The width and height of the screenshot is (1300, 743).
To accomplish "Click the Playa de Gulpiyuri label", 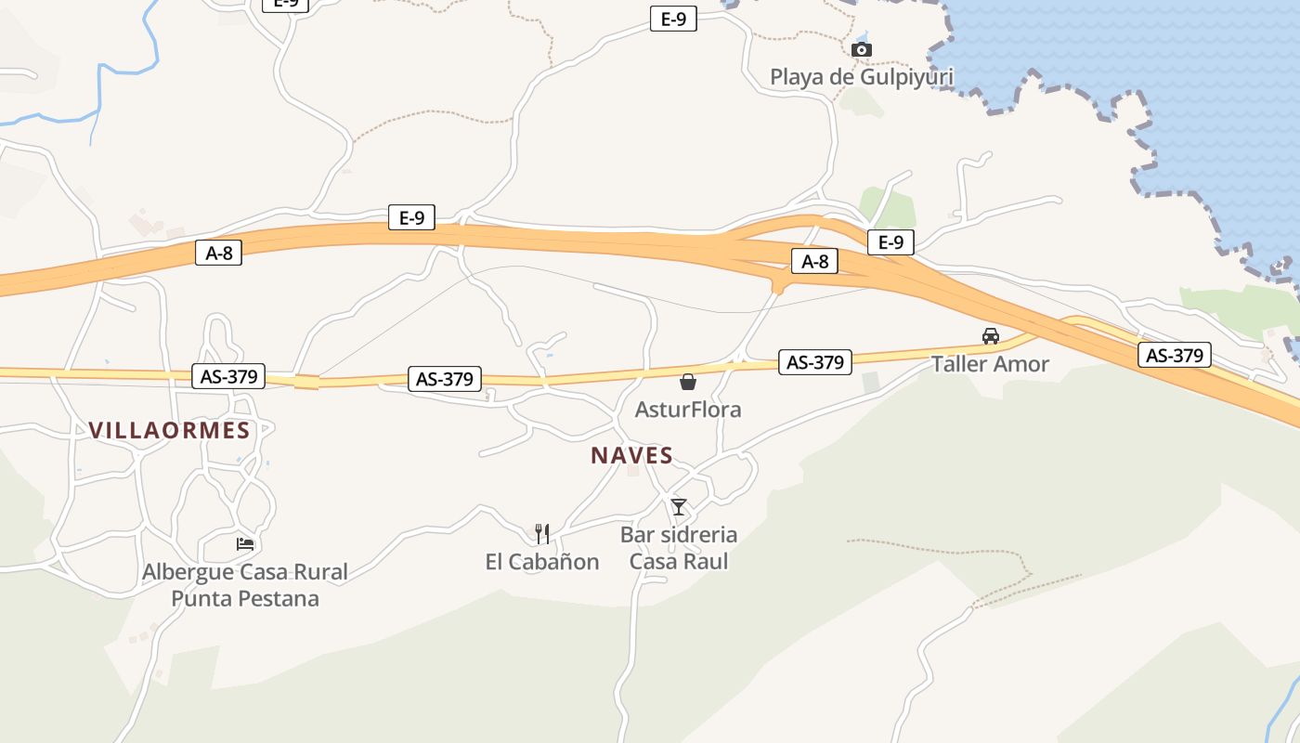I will pos(861,77).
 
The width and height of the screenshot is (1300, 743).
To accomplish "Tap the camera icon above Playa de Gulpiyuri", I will pos(862,49).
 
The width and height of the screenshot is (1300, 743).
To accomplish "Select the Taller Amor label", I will pos(990,363).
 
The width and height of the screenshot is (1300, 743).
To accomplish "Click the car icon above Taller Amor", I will pos(991,336).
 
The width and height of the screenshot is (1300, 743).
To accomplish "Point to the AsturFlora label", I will pos(688,409).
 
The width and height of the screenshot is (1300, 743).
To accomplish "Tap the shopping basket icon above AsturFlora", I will pos(688,382).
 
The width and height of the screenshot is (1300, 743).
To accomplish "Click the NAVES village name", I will pos(631,456).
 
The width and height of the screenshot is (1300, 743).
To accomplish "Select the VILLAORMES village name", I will pos(170,430).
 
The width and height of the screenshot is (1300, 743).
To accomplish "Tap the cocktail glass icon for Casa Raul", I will pos(679,507).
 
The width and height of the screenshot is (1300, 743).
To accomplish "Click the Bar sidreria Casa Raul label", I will pos(679,548).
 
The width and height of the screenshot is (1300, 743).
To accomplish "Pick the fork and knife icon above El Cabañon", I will pos(542,534).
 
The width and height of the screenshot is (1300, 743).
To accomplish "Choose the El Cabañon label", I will pos(542,562).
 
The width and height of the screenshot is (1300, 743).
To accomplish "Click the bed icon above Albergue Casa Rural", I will pos(245,543).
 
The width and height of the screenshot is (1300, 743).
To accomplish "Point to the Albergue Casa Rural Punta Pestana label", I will pos(245,585).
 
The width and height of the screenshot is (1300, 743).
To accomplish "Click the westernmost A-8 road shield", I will pos(218,253).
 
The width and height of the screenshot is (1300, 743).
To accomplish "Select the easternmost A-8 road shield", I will pos(814,262).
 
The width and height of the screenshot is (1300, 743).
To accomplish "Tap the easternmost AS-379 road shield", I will pos(1175,355).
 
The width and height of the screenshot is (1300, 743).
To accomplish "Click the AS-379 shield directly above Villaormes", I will pos(228,376).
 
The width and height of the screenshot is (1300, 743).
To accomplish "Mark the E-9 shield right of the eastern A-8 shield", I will pos(890,242).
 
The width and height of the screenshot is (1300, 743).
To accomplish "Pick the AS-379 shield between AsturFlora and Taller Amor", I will pos(814,362).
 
